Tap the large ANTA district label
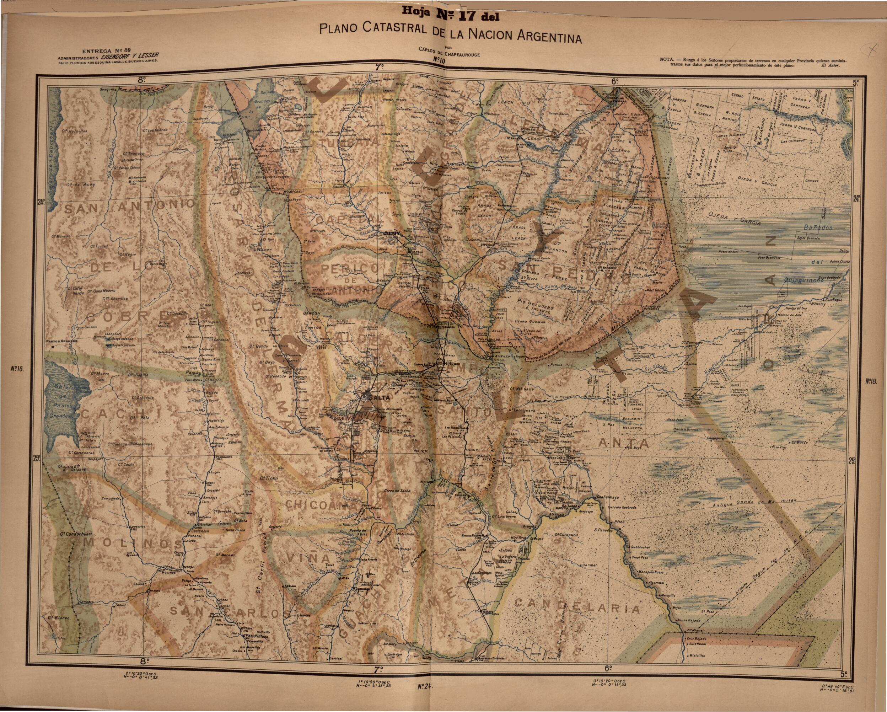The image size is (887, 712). pyautogui.click(x=617, y=443)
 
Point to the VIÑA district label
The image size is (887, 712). pyautogui.click(x=313, y=558)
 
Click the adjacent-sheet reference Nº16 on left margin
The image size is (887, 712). pyautogui.click(x=17, y=369)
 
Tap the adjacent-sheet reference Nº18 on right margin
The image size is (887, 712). pyautogui.click(x=871, y=381)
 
